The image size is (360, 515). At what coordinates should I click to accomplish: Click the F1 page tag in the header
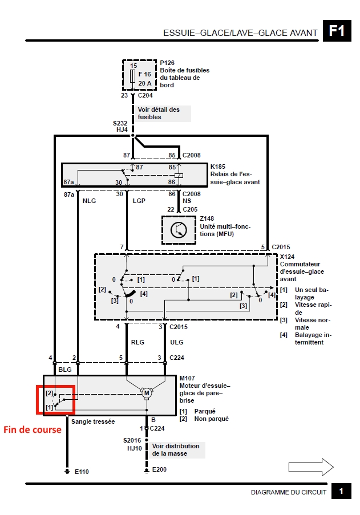click(337, 30)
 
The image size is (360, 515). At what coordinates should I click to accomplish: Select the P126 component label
click(167, 63)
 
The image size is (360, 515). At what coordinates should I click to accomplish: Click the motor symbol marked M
click(146, 392)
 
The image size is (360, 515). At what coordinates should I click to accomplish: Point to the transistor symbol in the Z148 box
click(179, 230)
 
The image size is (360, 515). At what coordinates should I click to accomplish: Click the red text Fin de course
click(33, 429)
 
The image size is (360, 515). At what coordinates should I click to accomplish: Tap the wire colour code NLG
click(90, 201)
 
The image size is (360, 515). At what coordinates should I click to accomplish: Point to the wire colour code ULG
click(177, 343)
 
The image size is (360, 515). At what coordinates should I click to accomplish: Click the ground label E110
click(82, 472)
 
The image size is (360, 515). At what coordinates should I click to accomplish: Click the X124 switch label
click(288, 257)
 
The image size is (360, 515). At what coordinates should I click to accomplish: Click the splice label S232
click(120, 123)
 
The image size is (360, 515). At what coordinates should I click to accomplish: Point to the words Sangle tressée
click(94, 421)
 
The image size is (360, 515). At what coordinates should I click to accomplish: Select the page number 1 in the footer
click(341, 492)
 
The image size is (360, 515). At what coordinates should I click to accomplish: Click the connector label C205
click(191, 209)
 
